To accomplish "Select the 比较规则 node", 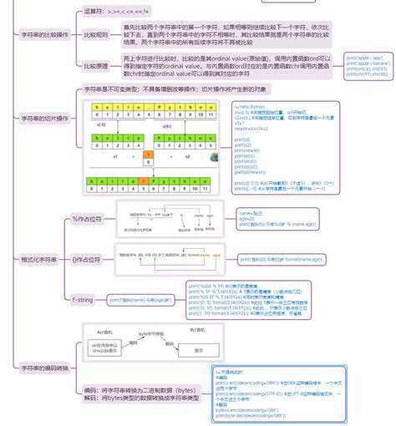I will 96,35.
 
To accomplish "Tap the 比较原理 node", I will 96,64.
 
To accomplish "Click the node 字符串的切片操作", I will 43,119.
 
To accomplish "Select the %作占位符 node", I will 85,219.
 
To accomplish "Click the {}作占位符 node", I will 86,260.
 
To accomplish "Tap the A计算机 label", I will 104,332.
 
